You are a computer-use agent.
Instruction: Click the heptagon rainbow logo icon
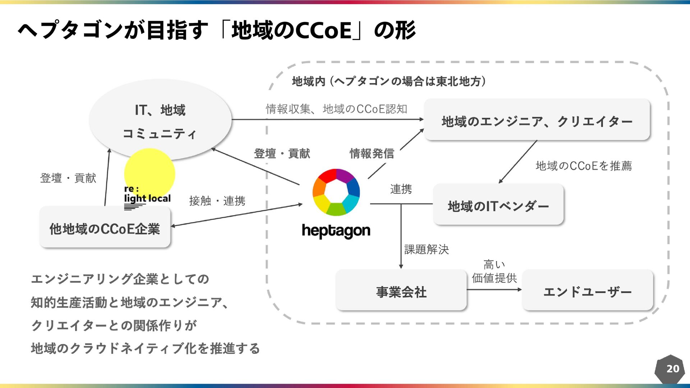[x=336, y=192]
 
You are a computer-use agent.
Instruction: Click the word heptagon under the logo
[x=336, y=231]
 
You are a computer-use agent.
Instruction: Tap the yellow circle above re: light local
[x=149, y=174]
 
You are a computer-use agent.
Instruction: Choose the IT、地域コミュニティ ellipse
[x=160, y=120]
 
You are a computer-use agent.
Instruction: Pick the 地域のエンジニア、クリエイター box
[x=537, y=120]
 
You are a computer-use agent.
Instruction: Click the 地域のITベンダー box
[x=498, y=204]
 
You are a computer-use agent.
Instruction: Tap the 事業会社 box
[x=401, y=290]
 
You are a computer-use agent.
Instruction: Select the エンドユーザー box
[x=587, y=290]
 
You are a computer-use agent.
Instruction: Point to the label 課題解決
[x=427, y=249]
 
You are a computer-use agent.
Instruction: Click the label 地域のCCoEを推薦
[x=584, y=166]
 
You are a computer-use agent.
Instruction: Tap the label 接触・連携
[x=217, y=200]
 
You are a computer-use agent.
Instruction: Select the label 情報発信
[x=372, y=153]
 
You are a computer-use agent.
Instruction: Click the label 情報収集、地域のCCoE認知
[x=336, y=109]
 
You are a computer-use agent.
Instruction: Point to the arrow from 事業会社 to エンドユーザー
[x=494, y=290]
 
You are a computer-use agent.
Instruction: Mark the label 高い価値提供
[x=494, y=272]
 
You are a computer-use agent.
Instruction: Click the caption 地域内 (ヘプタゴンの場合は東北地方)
[x=389, y=82]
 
